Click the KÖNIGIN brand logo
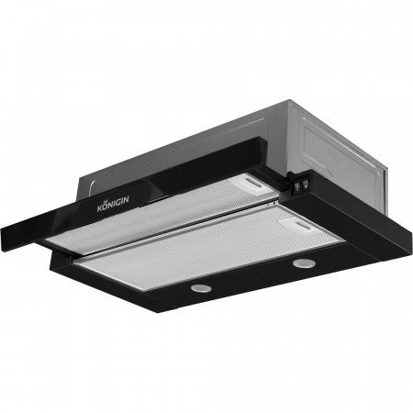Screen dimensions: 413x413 tap(113, 204)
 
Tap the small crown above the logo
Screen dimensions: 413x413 tap(106, 203)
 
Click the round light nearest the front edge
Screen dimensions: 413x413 tap(200, 287)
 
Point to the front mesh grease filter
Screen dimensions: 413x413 tap(211, 246)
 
